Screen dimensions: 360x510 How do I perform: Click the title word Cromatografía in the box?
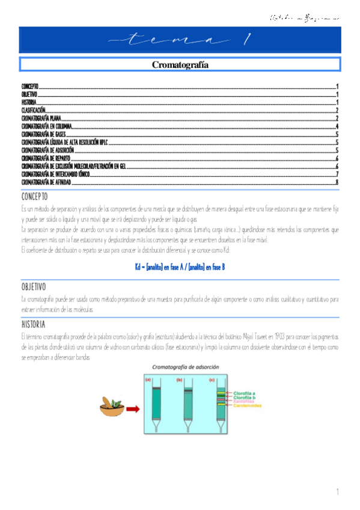coord(180,64)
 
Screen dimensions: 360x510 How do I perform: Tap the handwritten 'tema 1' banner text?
coord(180,40)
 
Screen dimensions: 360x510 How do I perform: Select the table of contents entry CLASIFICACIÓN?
coord(34,111)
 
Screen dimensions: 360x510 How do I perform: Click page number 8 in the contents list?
coord(337,181)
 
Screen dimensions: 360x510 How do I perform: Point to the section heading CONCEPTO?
coord(34,197)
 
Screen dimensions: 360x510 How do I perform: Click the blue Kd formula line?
coord(180,266)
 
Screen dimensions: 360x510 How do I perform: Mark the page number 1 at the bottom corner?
coord(338,493)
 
